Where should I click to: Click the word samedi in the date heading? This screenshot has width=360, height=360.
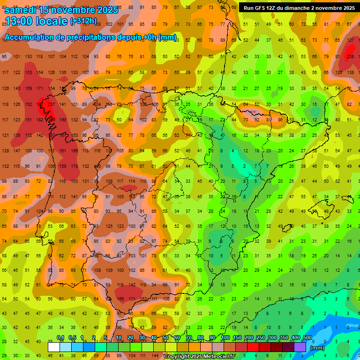[21, 10]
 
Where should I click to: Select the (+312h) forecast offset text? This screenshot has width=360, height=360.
[83, 21]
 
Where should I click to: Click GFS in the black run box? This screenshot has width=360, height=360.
[260, 8]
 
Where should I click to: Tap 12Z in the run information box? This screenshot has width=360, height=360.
[273, 8]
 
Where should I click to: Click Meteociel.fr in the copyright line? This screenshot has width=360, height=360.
[217, 357]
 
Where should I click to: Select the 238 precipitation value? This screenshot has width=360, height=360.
[351, 57]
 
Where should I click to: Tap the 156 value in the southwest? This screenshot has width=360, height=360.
[120, 299]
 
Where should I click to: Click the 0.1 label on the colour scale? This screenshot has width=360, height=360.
[60, 337]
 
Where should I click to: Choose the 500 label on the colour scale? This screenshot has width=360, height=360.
[307, 337]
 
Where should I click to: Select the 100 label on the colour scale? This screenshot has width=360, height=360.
[225, 337]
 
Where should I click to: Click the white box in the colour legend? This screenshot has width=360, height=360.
[53, 347]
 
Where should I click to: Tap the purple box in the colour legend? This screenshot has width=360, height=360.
[300, 347]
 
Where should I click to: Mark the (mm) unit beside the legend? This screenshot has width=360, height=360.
[317, 348]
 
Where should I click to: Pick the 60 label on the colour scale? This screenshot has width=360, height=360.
[177, 337]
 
